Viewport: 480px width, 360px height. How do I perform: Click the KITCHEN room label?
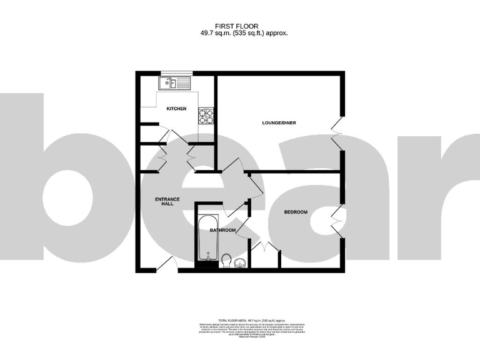176,109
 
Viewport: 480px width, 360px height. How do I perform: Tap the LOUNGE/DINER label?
279,122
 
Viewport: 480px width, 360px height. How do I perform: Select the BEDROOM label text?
296,212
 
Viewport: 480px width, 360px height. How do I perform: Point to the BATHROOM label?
222,231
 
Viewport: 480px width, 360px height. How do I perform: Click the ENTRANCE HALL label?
167,202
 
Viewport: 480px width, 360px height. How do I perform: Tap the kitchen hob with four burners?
206,116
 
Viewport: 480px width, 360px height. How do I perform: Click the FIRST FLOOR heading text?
241,26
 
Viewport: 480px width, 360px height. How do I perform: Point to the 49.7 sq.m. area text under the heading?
241,33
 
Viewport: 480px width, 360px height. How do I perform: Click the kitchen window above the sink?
172,73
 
